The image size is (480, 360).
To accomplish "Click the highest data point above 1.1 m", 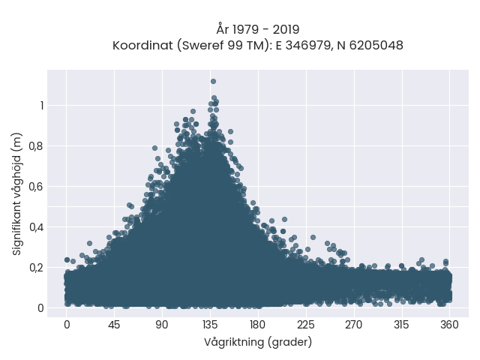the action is [213, 82].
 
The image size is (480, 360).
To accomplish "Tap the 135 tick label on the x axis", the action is [210, 325].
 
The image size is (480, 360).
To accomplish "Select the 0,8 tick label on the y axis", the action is [36, 146].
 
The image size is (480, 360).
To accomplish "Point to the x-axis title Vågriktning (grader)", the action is [258, 342].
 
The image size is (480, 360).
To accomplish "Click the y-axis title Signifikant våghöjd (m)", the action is [17, 194].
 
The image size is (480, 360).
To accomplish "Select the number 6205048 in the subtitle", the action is [376, 46].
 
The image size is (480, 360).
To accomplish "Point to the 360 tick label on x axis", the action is [449, 325].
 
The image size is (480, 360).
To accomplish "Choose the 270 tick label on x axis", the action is [353, 325].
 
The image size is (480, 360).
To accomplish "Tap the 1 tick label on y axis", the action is [42, 106].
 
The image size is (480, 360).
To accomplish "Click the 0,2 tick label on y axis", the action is [36, 268].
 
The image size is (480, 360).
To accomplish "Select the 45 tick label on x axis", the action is [114, 325].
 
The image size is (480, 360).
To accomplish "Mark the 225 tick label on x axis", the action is [306, 325].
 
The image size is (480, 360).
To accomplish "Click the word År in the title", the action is [223, 29].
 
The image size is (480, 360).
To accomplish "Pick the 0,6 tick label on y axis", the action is [36, 187].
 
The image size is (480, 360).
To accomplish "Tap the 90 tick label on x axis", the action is [162, 325].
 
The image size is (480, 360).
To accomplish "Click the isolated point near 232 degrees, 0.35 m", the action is [313, 237].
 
